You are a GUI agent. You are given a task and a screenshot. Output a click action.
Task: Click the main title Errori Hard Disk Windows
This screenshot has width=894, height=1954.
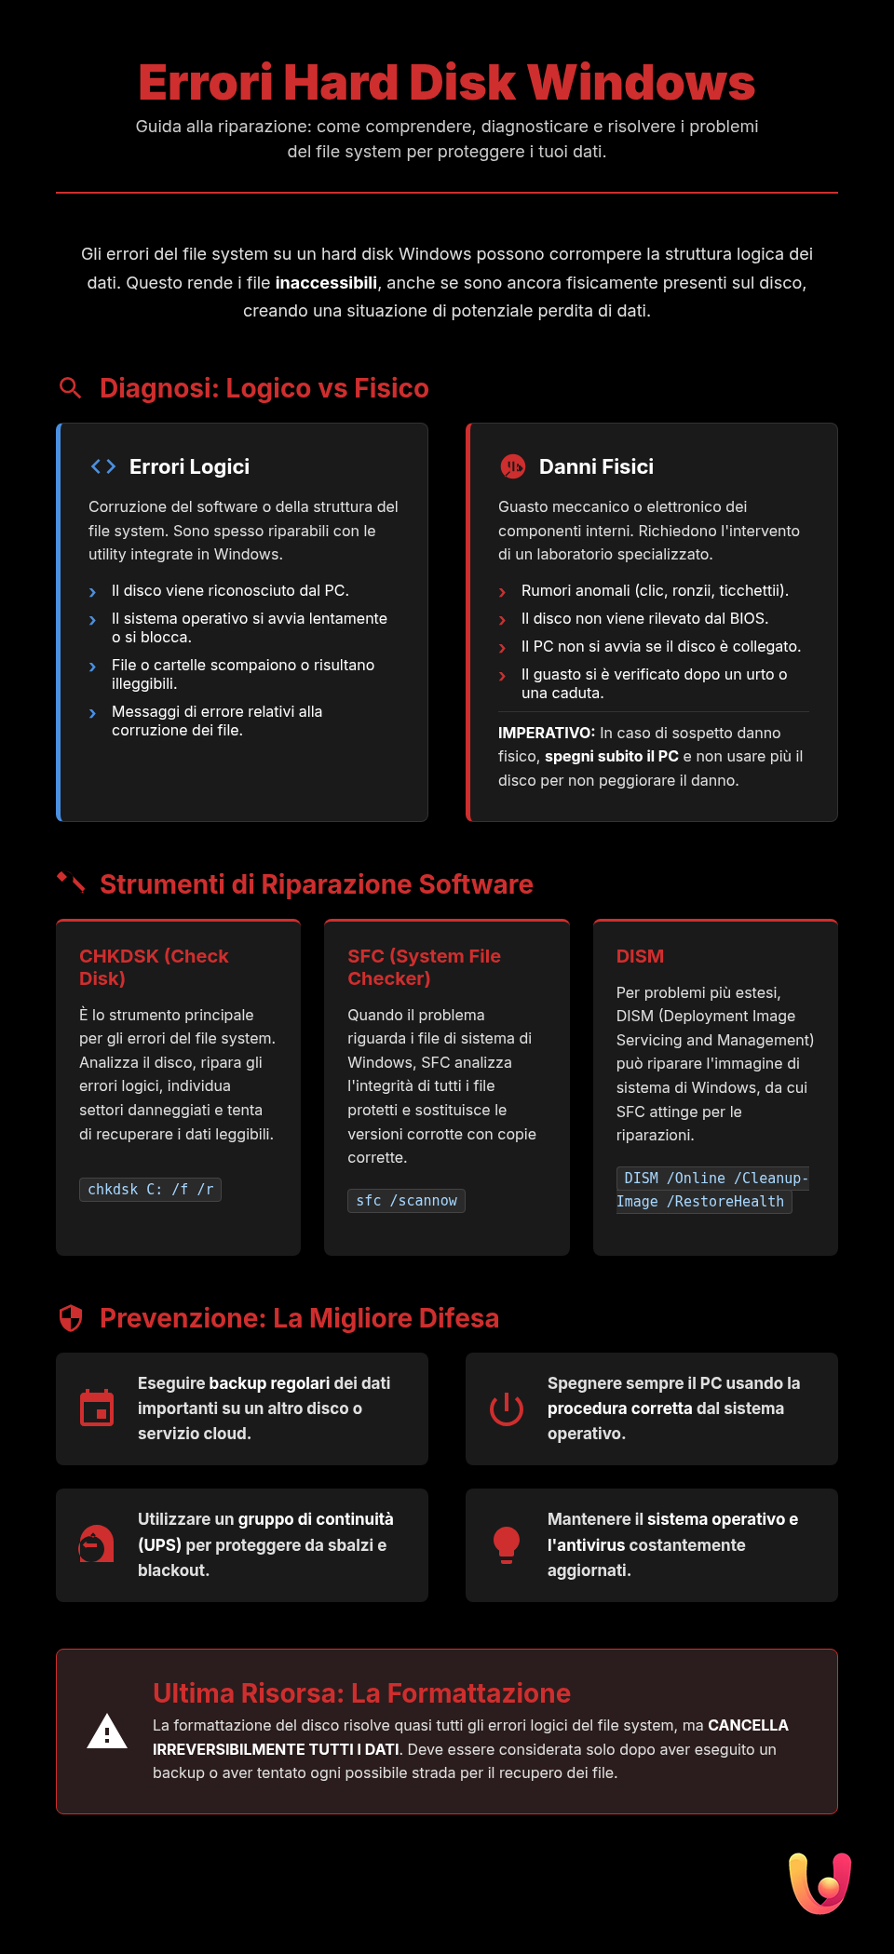coord(446,83)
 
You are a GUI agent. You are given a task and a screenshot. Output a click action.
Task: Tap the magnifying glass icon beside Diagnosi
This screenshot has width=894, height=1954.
coord(71,388)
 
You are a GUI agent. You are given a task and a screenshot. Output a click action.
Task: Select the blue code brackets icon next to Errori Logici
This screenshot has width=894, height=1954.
coord(103,466)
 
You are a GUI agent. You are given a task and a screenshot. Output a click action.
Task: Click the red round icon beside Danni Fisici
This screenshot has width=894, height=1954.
coord(512,466)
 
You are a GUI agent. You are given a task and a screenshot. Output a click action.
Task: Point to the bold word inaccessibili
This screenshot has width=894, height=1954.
coord(326,283)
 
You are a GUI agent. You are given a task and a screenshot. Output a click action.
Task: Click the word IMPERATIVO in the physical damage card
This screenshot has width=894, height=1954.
coord(546,734)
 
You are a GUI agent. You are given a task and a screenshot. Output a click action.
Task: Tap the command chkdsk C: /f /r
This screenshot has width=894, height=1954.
coord(151,1190)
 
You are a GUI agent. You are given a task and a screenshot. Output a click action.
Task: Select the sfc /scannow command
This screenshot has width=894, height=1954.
coord(406,1201)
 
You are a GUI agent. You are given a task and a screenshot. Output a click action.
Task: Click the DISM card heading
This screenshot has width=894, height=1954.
coord(640,956)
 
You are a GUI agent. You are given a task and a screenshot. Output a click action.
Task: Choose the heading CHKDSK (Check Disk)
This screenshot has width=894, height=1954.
coord(154,967)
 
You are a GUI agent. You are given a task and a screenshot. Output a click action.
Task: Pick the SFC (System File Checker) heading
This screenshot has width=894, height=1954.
coord(424,967)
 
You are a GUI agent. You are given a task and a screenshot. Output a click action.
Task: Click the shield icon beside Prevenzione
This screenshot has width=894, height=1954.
coord(71,1318)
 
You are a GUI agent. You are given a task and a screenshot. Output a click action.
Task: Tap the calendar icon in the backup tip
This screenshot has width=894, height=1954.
coord(97,1408)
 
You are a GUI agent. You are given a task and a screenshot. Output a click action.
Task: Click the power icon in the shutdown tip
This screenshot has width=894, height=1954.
coord(507,1408)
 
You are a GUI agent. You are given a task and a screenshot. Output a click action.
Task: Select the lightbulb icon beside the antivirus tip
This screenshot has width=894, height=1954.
coord(507,1544)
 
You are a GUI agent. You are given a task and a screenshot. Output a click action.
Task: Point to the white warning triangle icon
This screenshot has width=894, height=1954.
coord(107,1732)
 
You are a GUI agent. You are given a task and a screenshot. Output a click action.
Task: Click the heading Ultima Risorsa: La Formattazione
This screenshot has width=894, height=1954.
coord(361,1693)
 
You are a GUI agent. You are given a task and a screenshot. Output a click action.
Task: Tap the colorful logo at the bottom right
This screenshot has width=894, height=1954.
coord(819,1883)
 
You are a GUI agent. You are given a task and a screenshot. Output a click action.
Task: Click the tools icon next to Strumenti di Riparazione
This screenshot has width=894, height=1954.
coord(71,883)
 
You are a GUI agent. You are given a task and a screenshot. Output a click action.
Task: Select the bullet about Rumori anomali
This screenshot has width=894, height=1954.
coord(655,591)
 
